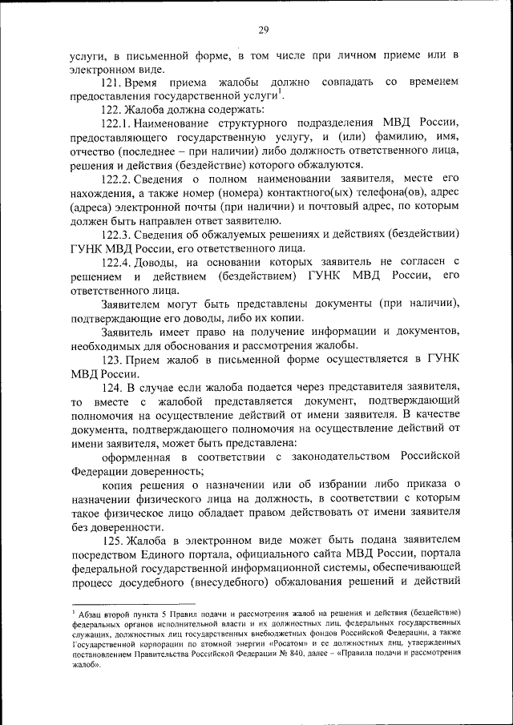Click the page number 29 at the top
pyautogui.click(x=263, y=30)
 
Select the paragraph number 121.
pyautogui.click(x=111, y=83)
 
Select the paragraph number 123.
pyautogui.click(x=111, y=360)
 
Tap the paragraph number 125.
pyautogui.click(x=111, y=541)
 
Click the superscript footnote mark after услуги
pyautogui.click(x=281, y=93)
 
